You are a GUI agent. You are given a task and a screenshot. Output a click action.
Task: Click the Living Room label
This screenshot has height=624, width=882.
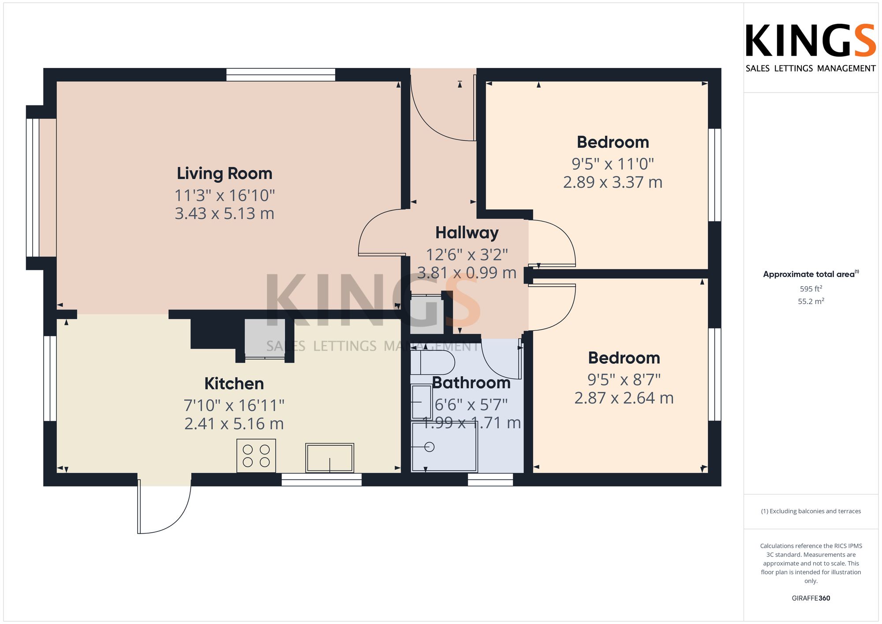pyautogui.click(x=224, y=174)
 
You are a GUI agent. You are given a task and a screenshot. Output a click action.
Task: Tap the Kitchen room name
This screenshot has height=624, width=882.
pyautogui.click(x=234, y=384)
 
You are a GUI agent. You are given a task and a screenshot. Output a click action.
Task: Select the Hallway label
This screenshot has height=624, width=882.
pyautogui.click(x=467, y=233)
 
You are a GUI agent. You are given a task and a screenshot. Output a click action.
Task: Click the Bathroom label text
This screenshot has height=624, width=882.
pyautogui.click(x=471, y=383)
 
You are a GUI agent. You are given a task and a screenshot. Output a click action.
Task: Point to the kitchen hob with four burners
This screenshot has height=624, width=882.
pyautogui.click(x=256, y=456)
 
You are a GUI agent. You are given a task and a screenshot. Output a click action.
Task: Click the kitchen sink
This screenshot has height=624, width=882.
pyautogui.click(x=330, y=458)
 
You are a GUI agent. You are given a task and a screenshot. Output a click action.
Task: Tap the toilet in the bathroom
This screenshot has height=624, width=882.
pyautogui.click(x=433, y=362)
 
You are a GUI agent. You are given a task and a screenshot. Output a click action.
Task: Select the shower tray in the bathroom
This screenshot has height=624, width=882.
pyautogui.click(x=444, y=447)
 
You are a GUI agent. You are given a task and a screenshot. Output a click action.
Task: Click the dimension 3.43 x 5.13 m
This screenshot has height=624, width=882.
pyautogui.click(x=224, y=213)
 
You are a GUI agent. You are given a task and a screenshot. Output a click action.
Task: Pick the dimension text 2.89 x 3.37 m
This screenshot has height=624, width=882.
pyautogui.click(x=613, y=182)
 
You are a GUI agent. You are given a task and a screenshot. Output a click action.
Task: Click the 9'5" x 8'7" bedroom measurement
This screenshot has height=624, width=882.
pyautogui.click(x=624, y=379)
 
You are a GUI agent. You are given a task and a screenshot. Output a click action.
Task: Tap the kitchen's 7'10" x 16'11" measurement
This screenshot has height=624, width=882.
pyautogui.click(x=234, y=405)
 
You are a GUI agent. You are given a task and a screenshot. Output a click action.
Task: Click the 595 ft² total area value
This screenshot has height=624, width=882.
pyautogui.click(x=811, y=289)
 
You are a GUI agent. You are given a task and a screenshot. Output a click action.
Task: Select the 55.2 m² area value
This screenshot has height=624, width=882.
pyautogui.click(x=811, y=301)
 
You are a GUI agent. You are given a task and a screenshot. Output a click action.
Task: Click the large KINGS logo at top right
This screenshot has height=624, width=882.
pyautogui.click(x=811, y=41)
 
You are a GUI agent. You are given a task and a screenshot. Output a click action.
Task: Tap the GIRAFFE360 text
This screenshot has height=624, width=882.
pyautogui.click(x=811, y=598)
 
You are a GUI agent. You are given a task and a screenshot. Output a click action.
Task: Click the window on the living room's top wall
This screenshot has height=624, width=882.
pyautogui.click(x=281, y=75)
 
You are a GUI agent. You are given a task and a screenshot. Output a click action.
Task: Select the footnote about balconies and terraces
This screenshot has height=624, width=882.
pyautogui.click(x=811, y=512)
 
